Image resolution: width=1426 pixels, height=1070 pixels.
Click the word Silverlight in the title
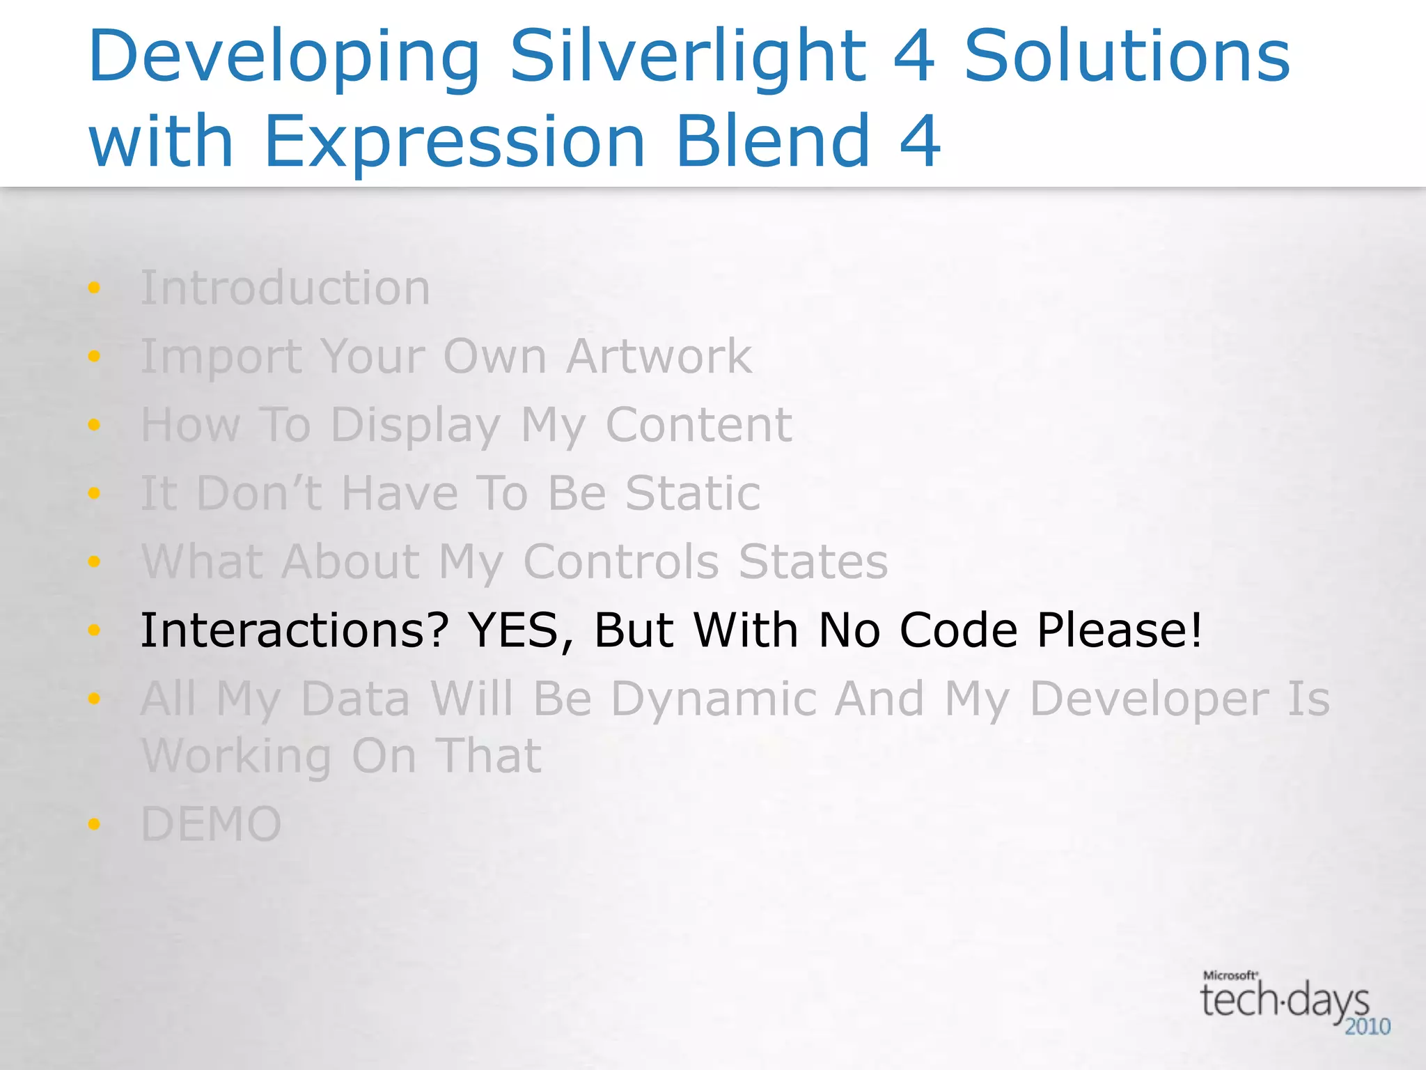[x=688, y=57]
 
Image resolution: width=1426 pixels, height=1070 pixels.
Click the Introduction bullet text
[x=285, y=288]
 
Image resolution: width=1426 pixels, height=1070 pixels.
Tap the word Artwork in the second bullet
[x=659, y=356]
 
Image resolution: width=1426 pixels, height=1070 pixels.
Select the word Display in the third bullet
[x=416, y=426]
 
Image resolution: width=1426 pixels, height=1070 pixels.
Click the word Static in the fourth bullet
[x=693, y=493]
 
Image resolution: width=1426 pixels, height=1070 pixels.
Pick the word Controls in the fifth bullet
[x=621, y=561]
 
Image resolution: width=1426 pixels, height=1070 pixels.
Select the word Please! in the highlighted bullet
[x=1119, y=630]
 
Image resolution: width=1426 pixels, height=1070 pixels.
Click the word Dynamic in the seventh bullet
[x=714, y=699]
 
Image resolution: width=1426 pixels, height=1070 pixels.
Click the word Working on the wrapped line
[x=237, y=757]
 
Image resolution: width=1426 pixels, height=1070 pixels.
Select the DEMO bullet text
[x=211, y=824]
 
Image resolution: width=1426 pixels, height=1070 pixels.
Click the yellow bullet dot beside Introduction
[x=94, y=288]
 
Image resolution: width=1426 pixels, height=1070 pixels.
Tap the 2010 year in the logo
[x=1367, y=1027]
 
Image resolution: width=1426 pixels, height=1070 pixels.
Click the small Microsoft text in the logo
[x=1230, y=976]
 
